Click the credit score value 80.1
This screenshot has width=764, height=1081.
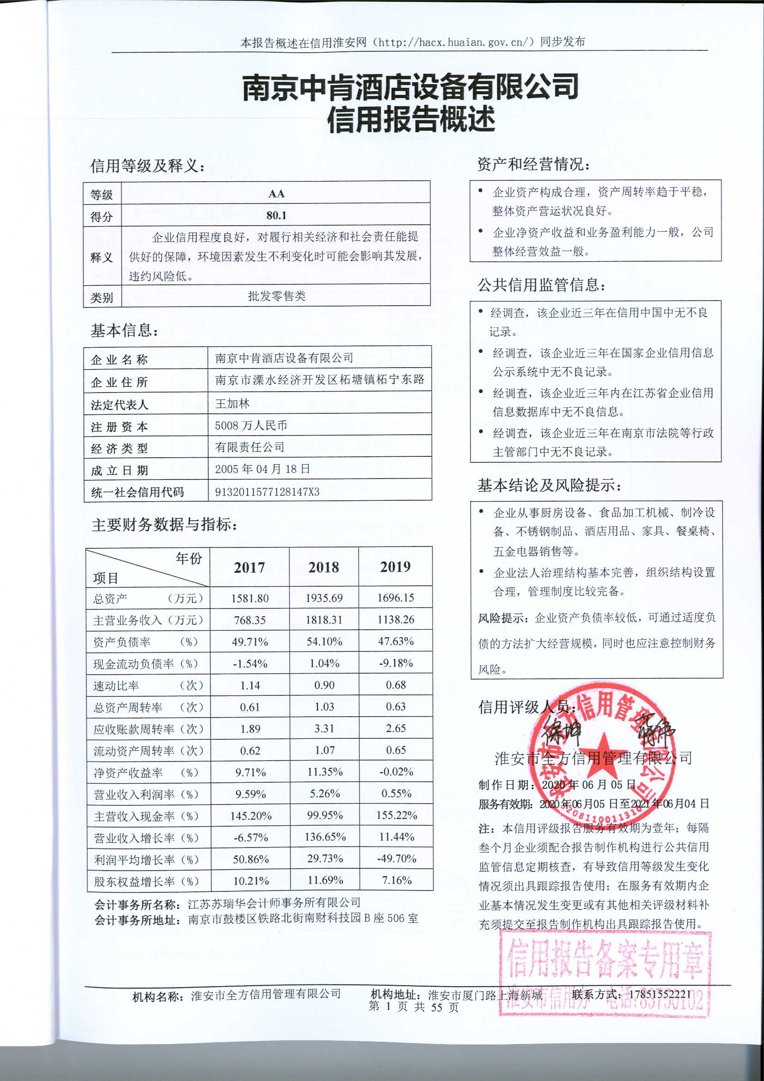(x=276, y=215)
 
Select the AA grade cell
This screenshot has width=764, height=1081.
(x=276, y=194)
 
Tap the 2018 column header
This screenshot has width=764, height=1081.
(x=324, y=567)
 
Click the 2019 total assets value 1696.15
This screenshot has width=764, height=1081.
(x=396, y=598)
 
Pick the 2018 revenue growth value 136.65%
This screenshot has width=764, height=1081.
(x=325, y=837)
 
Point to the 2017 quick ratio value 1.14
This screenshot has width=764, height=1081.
(x=250, y=686)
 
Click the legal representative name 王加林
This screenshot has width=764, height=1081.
(x=232, y=404)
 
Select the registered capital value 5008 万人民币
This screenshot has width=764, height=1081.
(x=251, y=426)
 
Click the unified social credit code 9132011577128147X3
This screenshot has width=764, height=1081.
(x=267, y=492)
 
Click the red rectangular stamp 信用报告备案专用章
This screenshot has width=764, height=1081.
(x=605, y=958)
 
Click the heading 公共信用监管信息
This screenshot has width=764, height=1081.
(x=541, y=285)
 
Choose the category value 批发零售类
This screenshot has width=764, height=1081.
(x=277, y=296)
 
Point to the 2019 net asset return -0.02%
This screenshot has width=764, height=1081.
(x=396, y=772)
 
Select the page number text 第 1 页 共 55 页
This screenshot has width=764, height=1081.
(x=413, y=1007)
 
